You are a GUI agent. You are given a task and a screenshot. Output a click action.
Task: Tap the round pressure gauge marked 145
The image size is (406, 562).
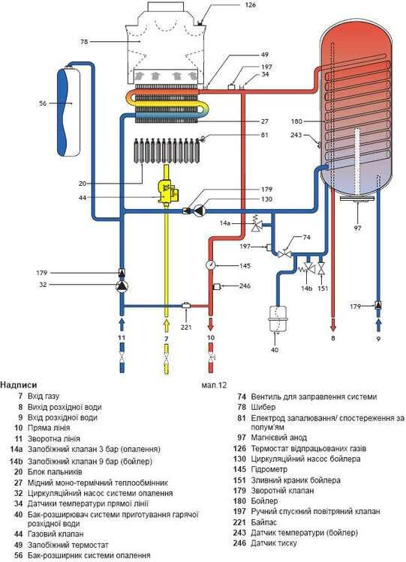210,265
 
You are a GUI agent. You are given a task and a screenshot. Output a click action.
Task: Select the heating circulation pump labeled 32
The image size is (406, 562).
122,285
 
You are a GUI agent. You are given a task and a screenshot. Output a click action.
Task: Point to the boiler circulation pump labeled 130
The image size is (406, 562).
199,211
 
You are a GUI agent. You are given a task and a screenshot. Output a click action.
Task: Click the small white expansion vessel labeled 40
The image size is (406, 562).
275,318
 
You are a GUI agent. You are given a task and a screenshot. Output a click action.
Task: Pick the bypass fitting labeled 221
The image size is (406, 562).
186,306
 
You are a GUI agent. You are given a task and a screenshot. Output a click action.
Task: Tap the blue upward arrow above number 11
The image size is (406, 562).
122,324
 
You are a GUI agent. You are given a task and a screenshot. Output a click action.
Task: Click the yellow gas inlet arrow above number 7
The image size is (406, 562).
166,325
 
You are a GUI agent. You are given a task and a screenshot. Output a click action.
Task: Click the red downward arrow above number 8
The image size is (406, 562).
332,324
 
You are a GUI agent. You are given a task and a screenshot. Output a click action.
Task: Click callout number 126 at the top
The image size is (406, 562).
251,5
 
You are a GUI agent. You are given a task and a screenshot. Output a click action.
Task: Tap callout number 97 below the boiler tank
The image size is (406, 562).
357,228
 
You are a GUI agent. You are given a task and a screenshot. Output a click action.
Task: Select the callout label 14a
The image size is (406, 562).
225,223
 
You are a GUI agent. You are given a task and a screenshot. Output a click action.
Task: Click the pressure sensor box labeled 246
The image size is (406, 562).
217,286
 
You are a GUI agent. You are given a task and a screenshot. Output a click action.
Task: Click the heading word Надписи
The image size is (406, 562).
19,385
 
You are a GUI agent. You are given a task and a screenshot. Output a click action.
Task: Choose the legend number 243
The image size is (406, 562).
239,533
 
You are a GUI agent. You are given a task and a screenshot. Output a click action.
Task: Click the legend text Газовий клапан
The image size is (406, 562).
56,534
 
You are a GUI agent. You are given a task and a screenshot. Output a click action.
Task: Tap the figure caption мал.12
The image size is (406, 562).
215,385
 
